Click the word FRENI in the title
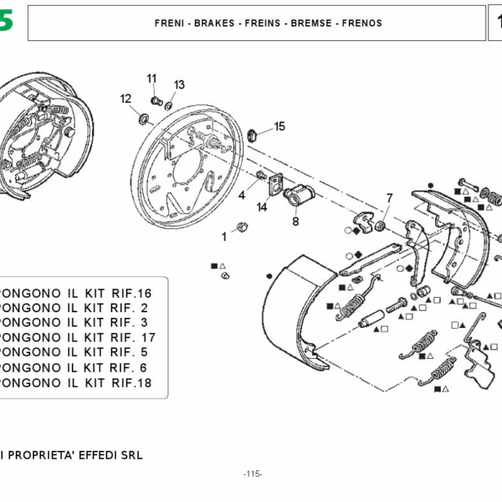coord(168,23)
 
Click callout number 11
coord(152,79)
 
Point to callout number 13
coord(179,85)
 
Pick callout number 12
coord(125,99)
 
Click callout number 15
coord(279,126)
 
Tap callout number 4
coord(241,195)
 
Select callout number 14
coord(262,207)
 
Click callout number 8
coord(295,222)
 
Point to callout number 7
coord(388,198)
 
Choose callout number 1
coord(223,237)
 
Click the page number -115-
coord(253,474)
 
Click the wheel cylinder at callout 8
coord(296,197)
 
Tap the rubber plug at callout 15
coord(254,133)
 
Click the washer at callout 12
coord(142,116)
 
